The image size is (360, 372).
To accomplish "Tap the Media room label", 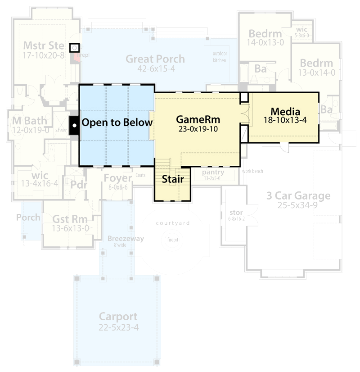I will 285,111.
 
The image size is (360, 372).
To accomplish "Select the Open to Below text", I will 117,122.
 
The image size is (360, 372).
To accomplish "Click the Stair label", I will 173,179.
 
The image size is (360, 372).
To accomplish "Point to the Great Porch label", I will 155,59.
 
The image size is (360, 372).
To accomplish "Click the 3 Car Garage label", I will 298,196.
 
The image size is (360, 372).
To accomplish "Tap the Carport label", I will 118,317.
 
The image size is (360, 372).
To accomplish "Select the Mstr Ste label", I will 43,45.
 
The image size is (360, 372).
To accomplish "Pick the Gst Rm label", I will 70,219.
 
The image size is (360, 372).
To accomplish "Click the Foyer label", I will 117,178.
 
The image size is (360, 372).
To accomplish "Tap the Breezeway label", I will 126,239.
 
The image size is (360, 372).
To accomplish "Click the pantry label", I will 213,172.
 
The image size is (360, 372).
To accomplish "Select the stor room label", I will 236,212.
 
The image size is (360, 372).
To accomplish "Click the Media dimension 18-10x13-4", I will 285,120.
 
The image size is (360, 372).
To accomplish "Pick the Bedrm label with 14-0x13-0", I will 265,34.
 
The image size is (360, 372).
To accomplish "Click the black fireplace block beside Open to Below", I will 73,122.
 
